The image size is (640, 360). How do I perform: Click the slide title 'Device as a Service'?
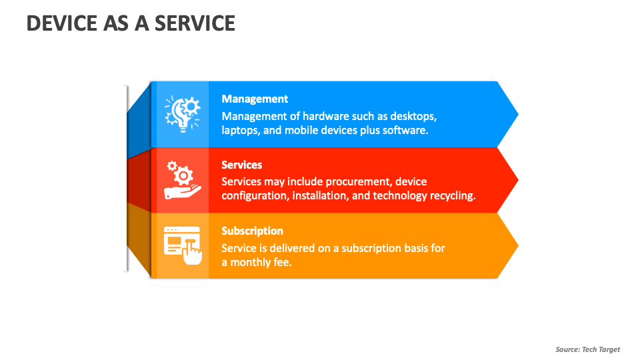coord(131,23)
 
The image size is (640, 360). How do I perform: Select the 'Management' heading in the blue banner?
coord(255,99)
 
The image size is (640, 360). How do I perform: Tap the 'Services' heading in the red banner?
coord(241,165)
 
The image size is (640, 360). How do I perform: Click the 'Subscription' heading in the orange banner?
coord(252,231)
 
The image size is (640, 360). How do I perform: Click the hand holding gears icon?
coord(179,180)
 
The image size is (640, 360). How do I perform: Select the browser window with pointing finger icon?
coord(182,245)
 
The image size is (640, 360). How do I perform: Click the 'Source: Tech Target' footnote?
coord(587,349)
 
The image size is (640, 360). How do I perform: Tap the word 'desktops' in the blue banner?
coord(414,116)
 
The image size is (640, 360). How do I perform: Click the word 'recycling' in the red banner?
coord(451,196)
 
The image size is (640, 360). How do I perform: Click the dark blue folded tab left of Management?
coord(139,120)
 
